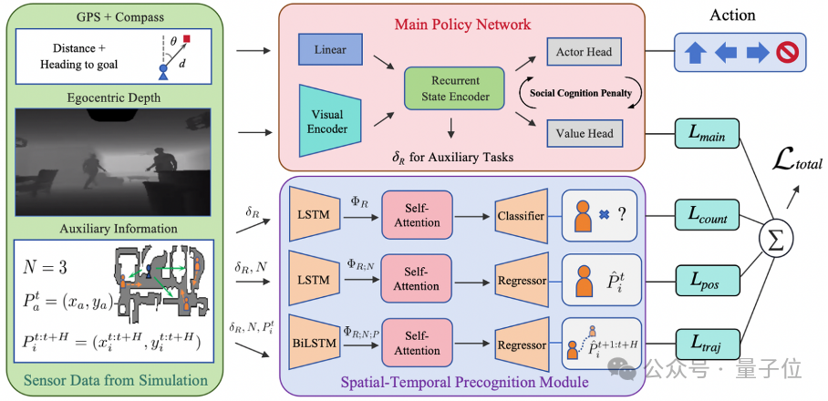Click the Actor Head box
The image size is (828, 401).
[584, 52]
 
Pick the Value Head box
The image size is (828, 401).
[584, 133]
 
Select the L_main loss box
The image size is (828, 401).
[708, 133]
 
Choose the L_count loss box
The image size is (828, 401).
[708, 216]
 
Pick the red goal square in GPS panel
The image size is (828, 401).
[186, 39]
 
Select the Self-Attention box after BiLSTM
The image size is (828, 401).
[417, 343]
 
